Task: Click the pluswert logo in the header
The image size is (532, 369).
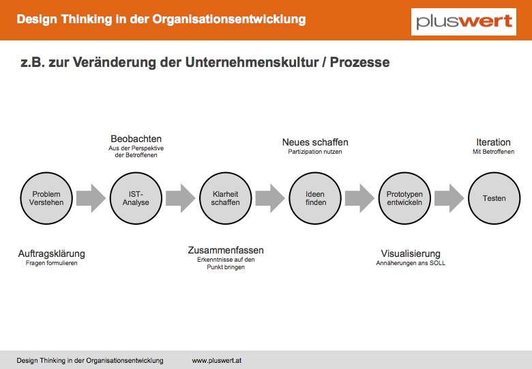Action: tap(464, 22)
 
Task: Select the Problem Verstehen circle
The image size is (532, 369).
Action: tap(46, 198)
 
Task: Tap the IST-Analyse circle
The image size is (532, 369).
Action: tap(136, 198)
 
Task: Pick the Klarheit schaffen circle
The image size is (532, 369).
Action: tap(226, 198)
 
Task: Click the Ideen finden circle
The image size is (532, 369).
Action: tap(315, 198)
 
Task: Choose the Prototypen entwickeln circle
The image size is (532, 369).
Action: tap(404, 198)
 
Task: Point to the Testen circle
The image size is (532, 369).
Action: tap(494, 198)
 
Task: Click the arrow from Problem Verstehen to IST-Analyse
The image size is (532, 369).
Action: tap(91, 198)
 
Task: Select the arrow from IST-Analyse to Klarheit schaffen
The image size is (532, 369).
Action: tap(181, 198)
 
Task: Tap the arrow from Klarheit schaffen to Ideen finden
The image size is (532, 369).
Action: tap(270, 198)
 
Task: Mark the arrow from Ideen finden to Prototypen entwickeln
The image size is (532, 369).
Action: tap(359, 198)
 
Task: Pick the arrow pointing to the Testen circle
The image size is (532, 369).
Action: tap(449, 198)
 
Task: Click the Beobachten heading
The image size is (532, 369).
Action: tap(136, 139)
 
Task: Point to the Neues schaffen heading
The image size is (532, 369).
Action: tap(315, 142)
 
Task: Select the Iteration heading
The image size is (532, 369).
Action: tap(493, 142)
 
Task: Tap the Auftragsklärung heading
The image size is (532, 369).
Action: tap(52, 254)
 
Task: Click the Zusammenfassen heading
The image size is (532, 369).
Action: tap(226, 250)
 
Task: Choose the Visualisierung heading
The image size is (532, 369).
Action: tap(411, 254)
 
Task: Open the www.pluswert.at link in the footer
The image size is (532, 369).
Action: tap(217, 361)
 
